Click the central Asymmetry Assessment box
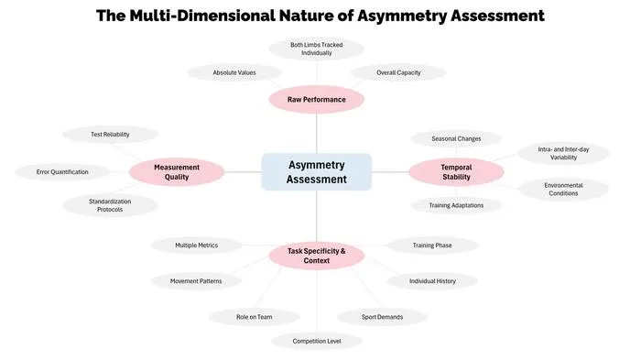click(317, 172)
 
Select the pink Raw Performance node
click(317, 100)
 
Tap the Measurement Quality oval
click(177, 172)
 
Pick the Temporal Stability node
click(456, 172)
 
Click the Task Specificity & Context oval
click(317, 256)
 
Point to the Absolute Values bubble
click(234, 72)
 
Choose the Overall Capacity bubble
click(398, 72)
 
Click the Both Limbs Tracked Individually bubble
click(317, 49)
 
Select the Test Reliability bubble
click(110, 134)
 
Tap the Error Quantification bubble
click(62, 172)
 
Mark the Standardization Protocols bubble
click(110, 205)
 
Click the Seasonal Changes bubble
click(456, 138)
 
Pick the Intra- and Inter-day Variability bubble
click(563, 153)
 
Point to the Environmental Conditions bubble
click(563, 190)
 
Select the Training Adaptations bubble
click(456, 205)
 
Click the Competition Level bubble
click(317, 341)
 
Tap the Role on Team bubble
click(255, 317)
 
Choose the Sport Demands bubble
click(382, 317)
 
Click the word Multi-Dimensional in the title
click(202, 16)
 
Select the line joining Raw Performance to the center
click(317, 134)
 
